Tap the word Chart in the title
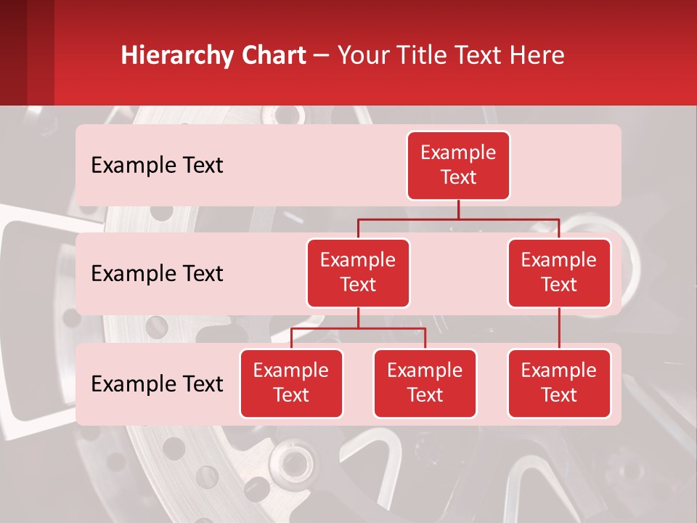277,55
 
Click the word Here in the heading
538,55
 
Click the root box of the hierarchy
458,165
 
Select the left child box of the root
358,272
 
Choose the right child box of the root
559,272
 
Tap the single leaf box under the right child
559,383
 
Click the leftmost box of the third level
291,383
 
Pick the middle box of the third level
425,383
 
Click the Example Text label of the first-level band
157,165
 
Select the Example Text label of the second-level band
157,273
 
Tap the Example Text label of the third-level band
157,384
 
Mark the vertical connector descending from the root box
458,209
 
